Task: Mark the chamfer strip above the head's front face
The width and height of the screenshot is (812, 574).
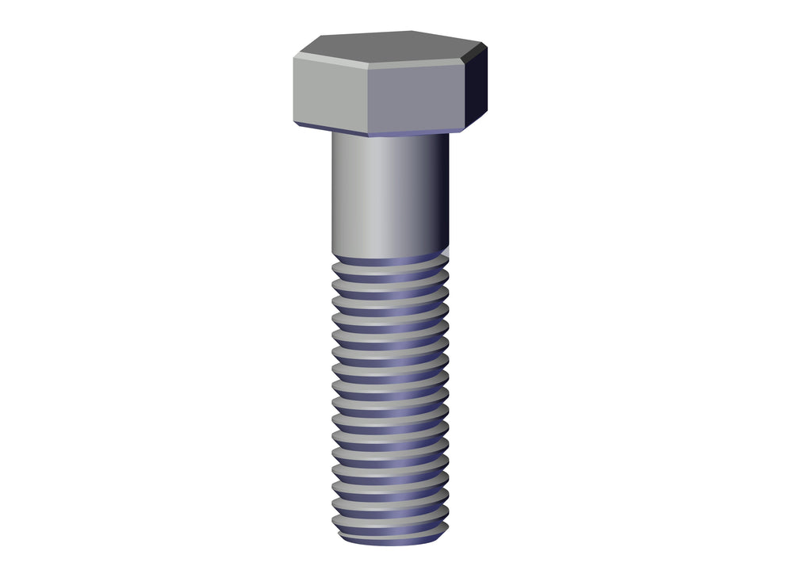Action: pos(416,64)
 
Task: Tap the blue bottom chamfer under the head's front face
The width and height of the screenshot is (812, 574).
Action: pos(416,132)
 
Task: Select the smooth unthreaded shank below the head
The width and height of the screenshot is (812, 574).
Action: pos(389,194)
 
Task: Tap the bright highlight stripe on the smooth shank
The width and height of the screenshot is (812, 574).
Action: pos(378,194)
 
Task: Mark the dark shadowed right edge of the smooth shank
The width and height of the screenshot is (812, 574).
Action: pos(440,194)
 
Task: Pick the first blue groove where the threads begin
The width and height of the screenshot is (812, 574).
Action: pos(389,261)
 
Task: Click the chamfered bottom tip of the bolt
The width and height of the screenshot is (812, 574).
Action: pos(389,540)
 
